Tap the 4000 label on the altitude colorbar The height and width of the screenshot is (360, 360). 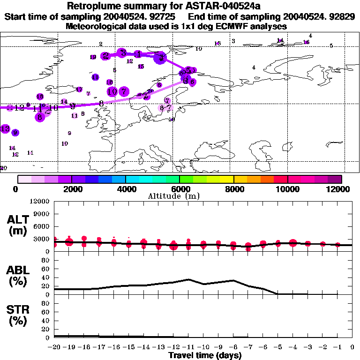125,189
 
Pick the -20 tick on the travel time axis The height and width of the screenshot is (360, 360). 54,347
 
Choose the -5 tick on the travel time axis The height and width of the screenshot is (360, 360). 278,347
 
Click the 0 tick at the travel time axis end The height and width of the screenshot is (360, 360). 352,347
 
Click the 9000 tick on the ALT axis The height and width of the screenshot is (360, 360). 41,214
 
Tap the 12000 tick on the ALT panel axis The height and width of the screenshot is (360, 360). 40,202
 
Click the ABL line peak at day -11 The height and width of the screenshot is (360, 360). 188,279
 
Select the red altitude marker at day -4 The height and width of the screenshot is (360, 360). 293,243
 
